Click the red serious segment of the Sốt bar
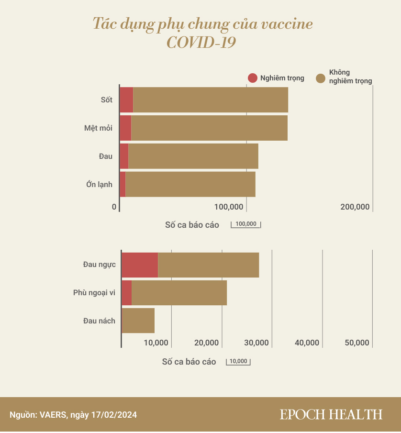(126, 100)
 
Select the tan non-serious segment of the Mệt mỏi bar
(209, 128)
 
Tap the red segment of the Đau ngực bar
(140, 265)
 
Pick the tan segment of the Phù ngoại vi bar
(179, 293)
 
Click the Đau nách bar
(138, 321)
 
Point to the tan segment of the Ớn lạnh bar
(190, 184)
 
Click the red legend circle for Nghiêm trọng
(253, 78)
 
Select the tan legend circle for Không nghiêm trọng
(322, 78)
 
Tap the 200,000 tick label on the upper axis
(355, 207)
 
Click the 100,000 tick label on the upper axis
(229, 207)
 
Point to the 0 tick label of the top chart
(114, 207)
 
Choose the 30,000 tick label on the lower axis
(256, 343)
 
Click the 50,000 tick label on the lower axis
(357, 343)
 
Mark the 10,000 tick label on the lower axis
(156, 343)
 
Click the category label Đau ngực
(99, 265)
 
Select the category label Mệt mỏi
(98, 128)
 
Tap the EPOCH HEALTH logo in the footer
(331, 414)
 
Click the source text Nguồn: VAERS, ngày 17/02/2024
(73, 415)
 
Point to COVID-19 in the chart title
(201, 43)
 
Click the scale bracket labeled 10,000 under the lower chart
(238, 362)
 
